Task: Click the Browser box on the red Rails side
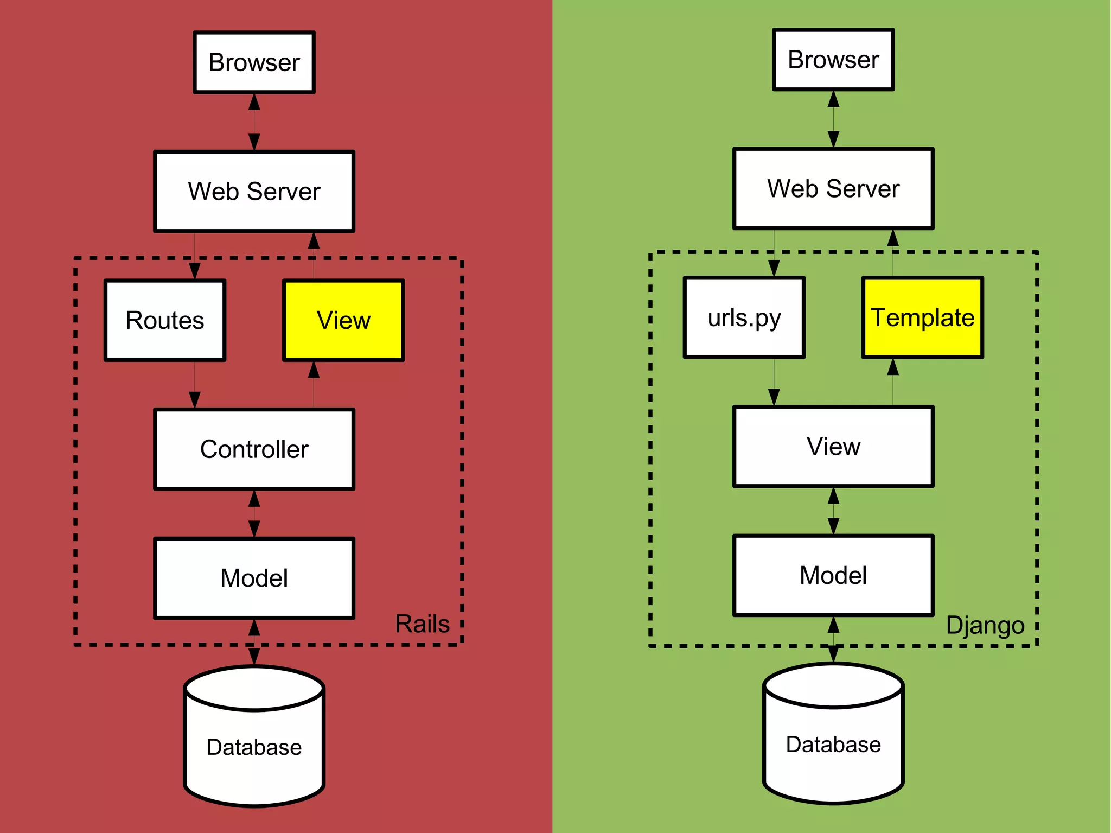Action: (254, 62)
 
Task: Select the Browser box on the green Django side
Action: (833, 60)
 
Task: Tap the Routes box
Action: (165, 320)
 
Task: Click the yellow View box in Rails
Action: (343, 320)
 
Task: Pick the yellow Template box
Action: (922, 318)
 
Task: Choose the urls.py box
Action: (744, 318)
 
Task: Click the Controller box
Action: (254, 449)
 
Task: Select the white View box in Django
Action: (833, 447)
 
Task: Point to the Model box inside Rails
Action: (254, 578)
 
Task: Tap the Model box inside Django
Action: (833, 575)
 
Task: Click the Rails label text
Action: (422, 624)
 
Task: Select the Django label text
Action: (985, 625)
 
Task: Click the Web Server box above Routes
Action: (254, 192)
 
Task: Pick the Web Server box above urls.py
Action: (833, 189)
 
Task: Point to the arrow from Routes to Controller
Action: (195, 385)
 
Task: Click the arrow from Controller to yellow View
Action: (314, 385)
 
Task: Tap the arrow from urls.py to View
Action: (774, 382)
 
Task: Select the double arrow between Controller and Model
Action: (254, 514)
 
